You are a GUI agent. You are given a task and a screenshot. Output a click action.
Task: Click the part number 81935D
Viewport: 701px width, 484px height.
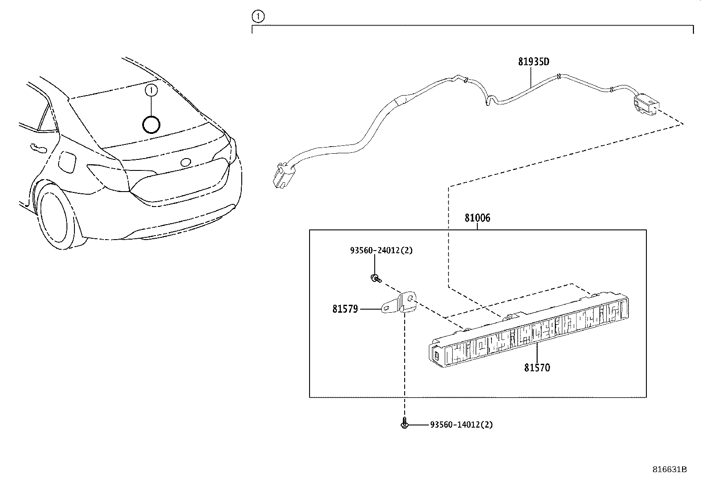coord(533,62)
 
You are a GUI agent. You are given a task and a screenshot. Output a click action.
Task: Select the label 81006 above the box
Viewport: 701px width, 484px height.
coord(477,218)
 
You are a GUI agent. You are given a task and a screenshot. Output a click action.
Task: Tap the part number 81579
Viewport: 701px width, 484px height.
coord(345,310)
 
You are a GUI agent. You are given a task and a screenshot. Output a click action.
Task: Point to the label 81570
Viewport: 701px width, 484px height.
coord(537,368)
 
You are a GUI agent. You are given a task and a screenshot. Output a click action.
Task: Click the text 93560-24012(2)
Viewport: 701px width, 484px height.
coord(381,251)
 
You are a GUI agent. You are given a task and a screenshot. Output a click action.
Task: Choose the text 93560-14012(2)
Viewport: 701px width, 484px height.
coord(461,425)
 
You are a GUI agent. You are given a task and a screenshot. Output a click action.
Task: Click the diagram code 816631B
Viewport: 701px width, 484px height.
coord(669,469)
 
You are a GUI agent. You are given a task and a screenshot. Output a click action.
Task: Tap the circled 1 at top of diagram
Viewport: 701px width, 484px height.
coord(258,17)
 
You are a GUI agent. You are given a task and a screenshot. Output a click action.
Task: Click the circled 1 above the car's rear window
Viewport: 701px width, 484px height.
coord(151,90)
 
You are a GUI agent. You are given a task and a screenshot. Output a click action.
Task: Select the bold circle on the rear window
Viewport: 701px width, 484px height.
coord(151,125)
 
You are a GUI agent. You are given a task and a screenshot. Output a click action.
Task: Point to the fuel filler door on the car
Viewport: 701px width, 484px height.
coord(67,162)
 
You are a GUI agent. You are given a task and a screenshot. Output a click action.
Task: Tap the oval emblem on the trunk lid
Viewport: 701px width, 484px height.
coord(186,163)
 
